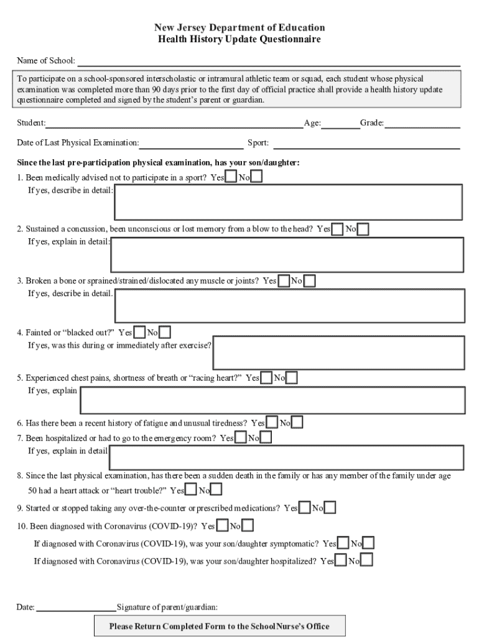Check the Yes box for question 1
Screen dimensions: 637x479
(x=231, y=177)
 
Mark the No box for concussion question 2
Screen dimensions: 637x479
(x=363, y=230)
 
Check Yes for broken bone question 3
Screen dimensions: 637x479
(x=284, y=281)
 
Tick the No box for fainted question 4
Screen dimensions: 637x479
(x=165, y=333)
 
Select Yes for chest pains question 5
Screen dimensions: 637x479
(x=266, y=378)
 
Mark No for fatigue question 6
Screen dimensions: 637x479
(x=297, y=424)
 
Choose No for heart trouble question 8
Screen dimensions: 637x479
(x=216, y=490)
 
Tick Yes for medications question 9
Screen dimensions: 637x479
(x=305, y=508)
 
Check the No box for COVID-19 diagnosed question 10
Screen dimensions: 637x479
(x=248, y=526)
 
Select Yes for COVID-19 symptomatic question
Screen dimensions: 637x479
(x=343, y=544)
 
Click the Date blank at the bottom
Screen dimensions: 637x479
(x=76, y=607)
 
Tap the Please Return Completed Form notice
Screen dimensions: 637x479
(x=219, y=626)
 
